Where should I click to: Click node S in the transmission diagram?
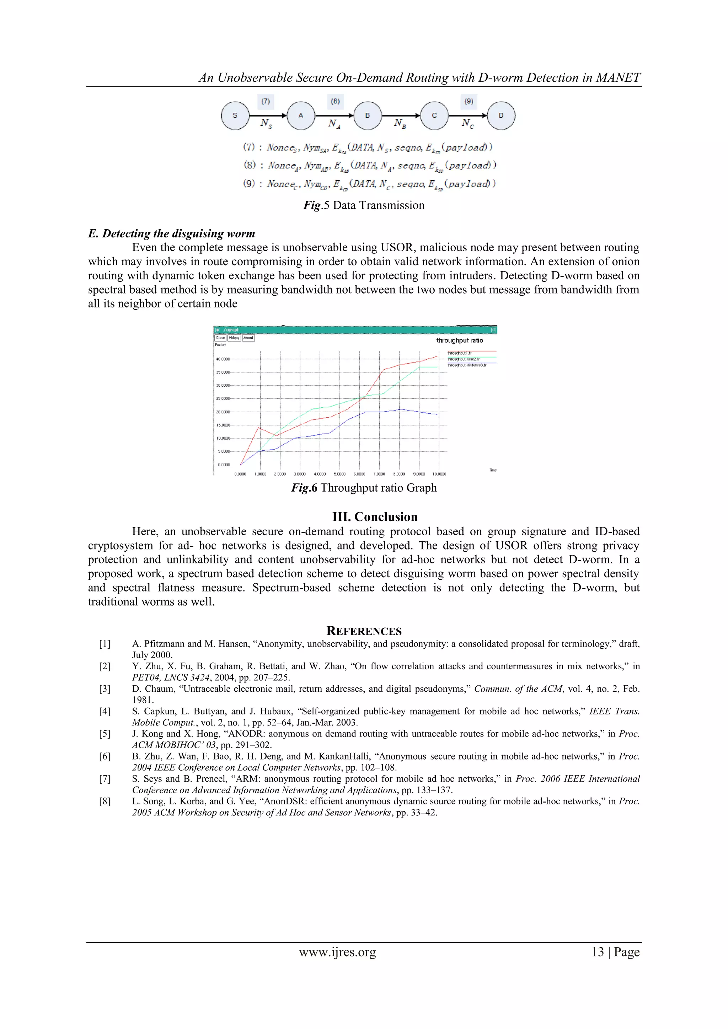[x=235, y=116]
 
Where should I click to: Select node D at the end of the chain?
[x=501, y=116]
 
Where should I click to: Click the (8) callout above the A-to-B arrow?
[x=335, y=101]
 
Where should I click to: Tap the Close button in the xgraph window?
[x=220, y=338]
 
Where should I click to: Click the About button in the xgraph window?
[x=248, y=338]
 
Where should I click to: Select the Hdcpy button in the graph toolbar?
[x=234, y=338]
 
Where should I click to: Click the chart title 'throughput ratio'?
[x=460, y=341]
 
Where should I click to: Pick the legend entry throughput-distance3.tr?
[x=467, y=365]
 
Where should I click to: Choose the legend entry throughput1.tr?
[x=460, y=353]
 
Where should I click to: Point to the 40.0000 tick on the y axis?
[x=223, y=359]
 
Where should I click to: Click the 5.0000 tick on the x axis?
[x=339, y=474]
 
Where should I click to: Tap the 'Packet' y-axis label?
[x=220, y=345]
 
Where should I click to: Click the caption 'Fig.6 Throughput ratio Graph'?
[x=364, y=488]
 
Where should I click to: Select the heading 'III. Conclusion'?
[x=375, y=517]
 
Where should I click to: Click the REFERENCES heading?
[x=364, y=631]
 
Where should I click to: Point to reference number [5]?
[x=105, y=734]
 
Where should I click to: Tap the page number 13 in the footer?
[x=598, y=952]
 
